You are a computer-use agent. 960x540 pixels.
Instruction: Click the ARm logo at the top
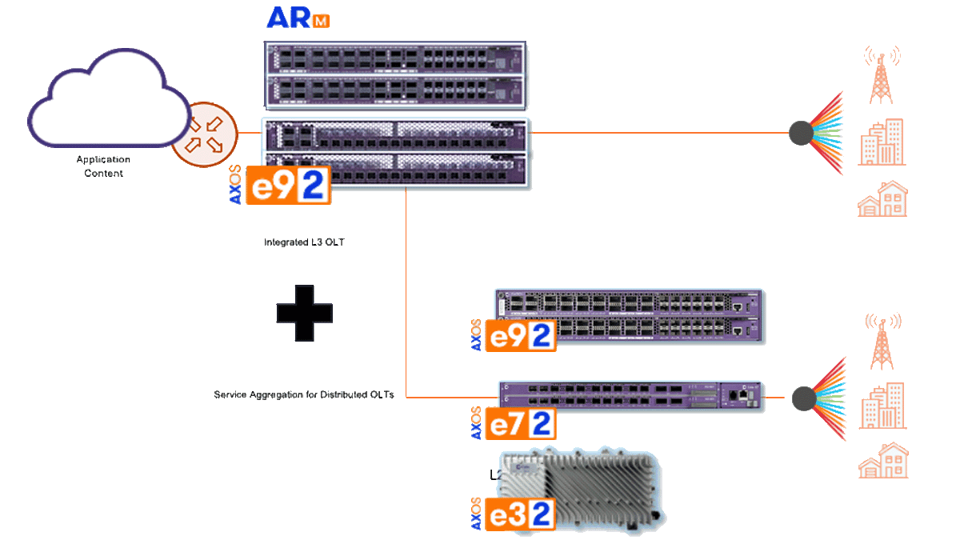pyautogui.click(x=297, y=18)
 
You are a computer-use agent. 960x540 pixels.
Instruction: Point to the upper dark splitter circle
pyautogui.click(x=801, y=133)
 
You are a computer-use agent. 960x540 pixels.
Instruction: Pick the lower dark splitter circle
pyautogui.click(x=803, y=398)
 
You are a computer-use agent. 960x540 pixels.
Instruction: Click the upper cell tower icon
pyautogui.click(x=882, y=74)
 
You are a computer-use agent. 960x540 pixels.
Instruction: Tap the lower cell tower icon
pyautogui.click(x=882, y=341)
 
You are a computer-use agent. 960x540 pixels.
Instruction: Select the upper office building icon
pyautogui.click(x=882, y=142)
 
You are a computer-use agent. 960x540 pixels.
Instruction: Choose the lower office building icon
pyautogui.click(x=882, y=406)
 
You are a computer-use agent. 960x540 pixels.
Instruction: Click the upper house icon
pyautogui.click(x=882, y=199)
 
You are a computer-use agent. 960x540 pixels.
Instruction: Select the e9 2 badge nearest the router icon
pyautogui.click(x=289, y=186)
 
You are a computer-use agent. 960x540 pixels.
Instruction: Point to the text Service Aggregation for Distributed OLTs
pyautogui.click(x=305, y=395)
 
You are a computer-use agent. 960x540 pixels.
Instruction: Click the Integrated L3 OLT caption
pyautogui.click(x=304, y=241)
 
